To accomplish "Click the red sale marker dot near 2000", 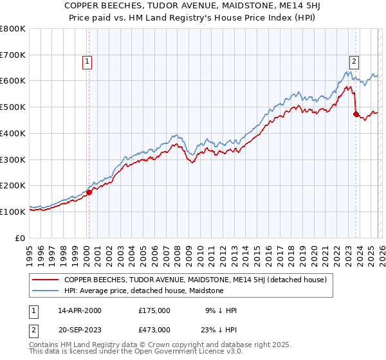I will point(89,192).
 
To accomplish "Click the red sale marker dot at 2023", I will point(356,114).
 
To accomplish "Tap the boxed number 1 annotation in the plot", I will point(87,62).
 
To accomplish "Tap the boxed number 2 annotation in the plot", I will point(354,62).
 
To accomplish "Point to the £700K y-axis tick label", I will point(13,55).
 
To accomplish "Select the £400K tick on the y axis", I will point(13,134).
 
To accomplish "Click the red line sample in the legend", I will point(46,280).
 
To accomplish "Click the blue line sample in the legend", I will point(46,291).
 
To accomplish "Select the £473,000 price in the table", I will point(154,330).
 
